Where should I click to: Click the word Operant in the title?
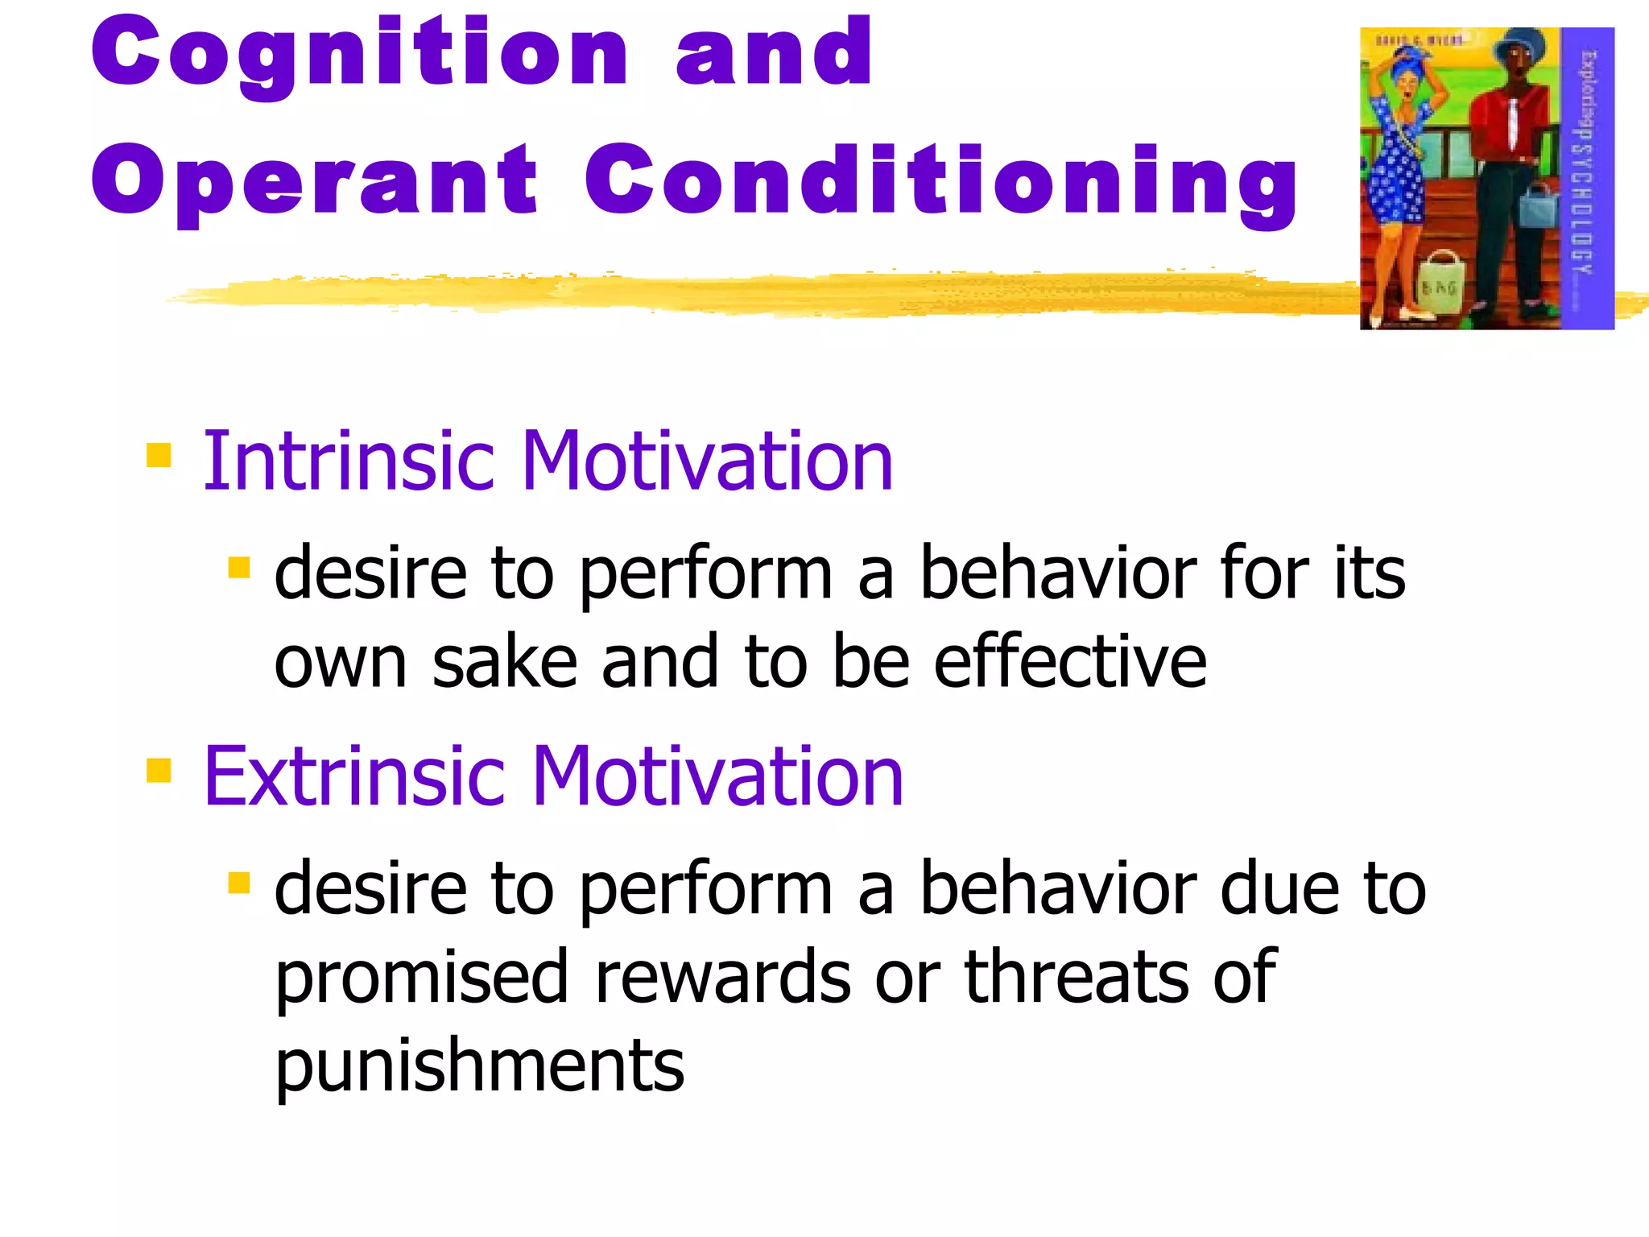point(314,182)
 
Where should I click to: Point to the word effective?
point(1069,662)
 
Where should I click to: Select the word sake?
point(504,662)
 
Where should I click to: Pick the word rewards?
point(722,978)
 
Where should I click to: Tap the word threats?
point(1077,978)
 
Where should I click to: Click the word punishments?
point(479,1066)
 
